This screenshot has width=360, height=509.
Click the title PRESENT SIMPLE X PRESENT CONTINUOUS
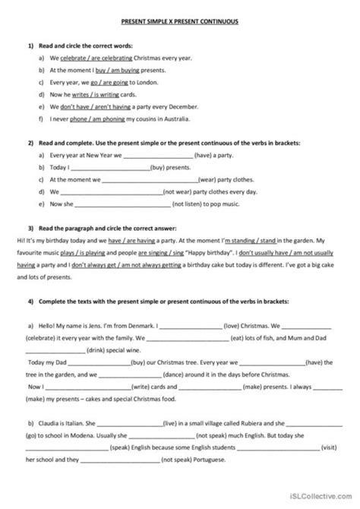pyautogui.click(x=180, y=23)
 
